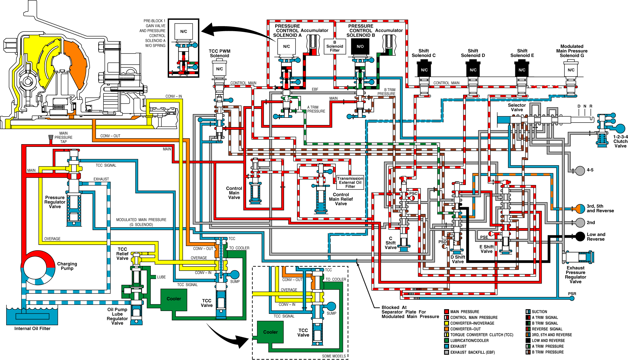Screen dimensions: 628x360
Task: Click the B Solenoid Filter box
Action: click(x=335, y=46)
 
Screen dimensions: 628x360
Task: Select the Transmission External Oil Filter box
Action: click(x=350, y=183)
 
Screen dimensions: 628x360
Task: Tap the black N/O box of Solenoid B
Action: click(x=360, y=46)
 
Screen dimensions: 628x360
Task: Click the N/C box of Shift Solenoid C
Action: click(x=424, y=70)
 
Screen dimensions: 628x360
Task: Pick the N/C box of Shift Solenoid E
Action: click(x=522, y=70)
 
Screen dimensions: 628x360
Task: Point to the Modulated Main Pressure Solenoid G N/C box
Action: click(x=571, y=70)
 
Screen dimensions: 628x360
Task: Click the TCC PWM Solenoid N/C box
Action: click(x=219, y=69)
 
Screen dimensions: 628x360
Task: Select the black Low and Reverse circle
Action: click(x=580, y=237)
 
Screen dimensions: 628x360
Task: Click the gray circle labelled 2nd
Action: click(x=580, y=223)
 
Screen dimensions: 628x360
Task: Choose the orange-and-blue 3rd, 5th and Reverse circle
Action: click(x=580, y=209)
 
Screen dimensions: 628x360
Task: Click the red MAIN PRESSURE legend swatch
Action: click(x=446, y=312)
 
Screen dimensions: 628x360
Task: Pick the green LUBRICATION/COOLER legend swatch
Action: click(x=446, y=341)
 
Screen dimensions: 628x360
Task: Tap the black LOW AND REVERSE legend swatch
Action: click(x=528, y=341)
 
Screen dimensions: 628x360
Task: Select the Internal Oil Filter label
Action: click(x=32, y=329)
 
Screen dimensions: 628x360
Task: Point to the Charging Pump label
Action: click(x=67, y=266)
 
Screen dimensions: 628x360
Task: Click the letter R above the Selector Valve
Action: click(x=591, y=106)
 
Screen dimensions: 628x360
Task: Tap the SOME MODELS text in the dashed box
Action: click(x=334, y=356)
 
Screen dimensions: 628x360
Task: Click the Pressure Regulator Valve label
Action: click(x=55, y=202)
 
